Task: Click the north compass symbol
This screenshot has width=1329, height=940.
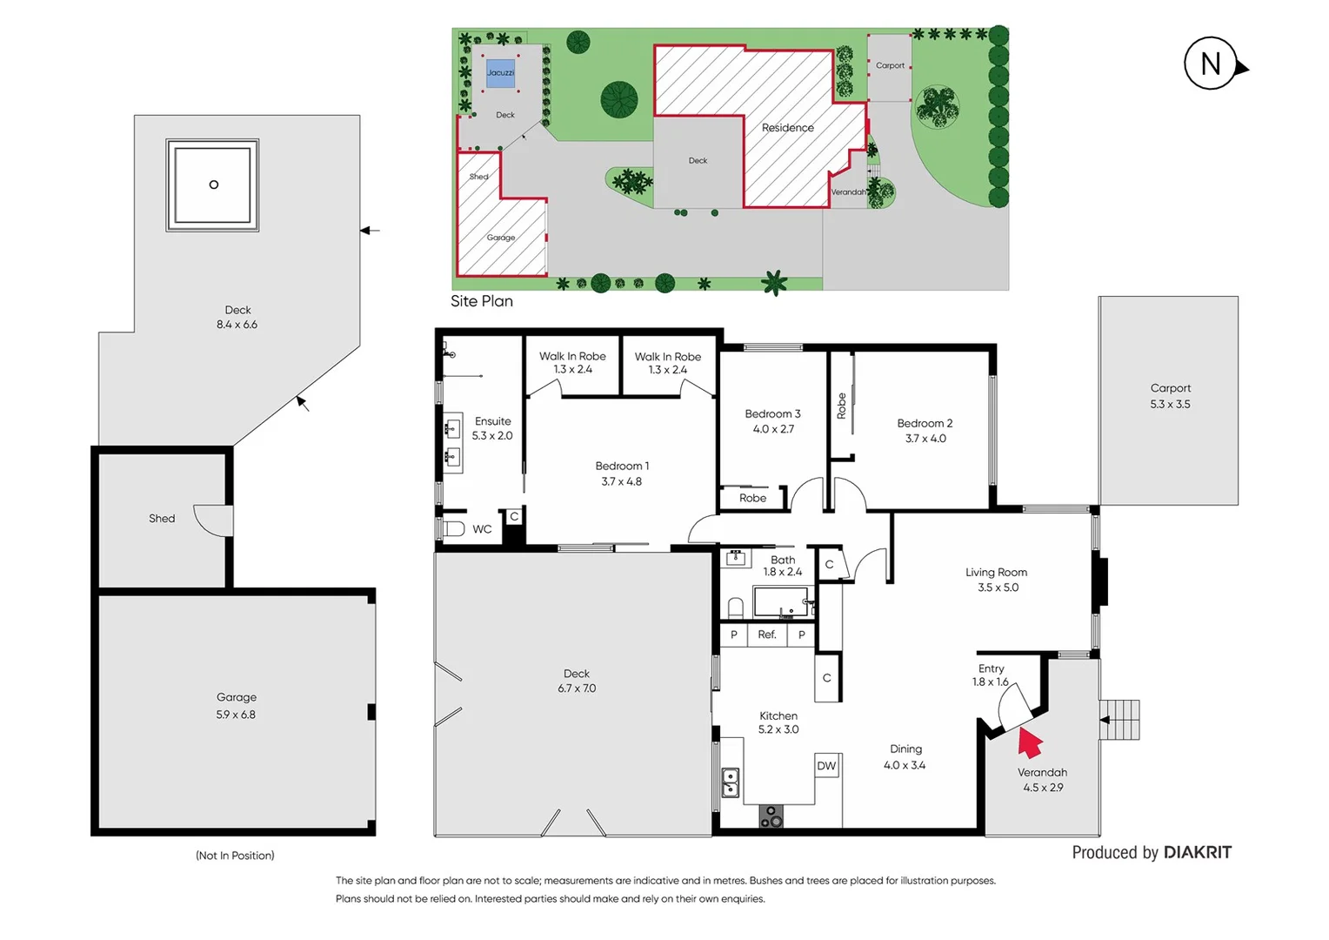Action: point(1212,64)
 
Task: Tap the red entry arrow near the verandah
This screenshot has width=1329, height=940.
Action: point(1030,742)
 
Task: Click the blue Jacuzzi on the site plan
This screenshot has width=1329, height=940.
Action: point(500,73)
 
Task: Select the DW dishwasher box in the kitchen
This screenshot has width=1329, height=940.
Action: point(826,766)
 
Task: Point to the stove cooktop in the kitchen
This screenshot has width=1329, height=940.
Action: point(771,816)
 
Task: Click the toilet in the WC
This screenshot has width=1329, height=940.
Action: point(451,528)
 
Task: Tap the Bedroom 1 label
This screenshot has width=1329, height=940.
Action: point(622,467)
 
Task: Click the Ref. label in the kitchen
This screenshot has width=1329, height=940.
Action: point(766,635)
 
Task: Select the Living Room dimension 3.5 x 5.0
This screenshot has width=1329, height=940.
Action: point(998,587)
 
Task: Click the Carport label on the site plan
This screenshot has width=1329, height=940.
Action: point(890,65)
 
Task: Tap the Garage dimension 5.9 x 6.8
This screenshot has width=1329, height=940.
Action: point(236,715)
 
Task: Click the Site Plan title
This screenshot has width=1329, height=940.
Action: point(482,301)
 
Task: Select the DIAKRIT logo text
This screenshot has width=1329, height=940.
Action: point(1197,853)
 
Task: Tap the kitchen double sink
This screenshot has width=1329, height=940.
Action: point(731,782)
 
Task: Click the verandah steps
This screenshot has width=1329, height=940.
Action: point(1121,720)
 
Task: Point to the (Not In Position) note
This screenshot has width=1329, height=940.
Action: point(235,856)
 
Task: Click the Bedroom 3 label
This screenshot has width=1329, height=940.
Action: point(772,414)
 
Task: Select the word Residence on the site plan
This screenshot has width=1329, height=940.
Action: point(788,128)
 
